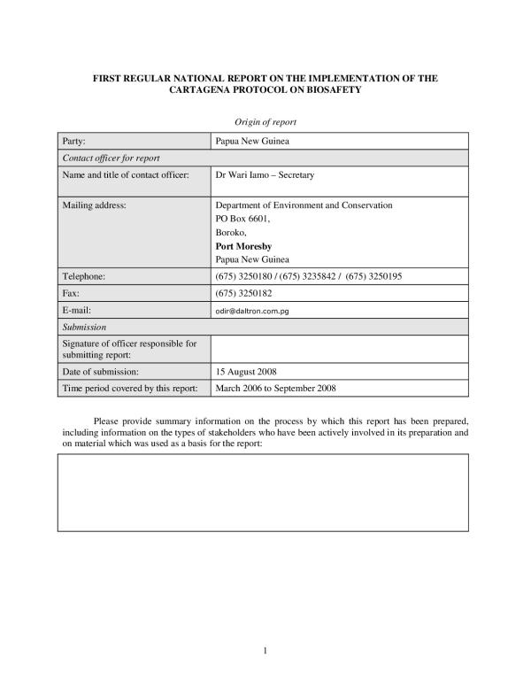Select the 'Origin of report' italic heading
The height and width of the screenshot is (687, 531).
point(265,121)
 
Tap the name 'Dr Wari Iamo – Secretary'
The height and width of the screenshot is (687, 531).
point(265,174)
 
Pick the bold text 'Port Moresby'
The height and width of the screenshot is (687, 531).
point(244,245)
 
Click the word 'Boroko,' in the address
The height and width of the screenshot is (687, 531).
point(232,232)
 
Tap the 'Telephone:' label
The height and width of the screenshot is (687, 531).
point(83,276)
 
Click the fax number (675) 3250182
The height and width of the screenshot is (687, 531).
point(242,293)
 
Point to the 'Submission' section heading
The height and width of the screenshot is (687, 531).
point(83,327)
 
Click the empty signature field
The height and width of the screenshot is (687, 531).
point(340,348)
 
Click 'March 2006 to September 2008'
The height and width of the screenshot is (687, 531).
point(275,388)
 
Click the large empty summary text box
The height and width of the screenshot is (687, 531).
point(263,492)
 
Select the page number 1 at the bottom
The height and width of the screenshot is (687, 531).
point(265,651)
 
